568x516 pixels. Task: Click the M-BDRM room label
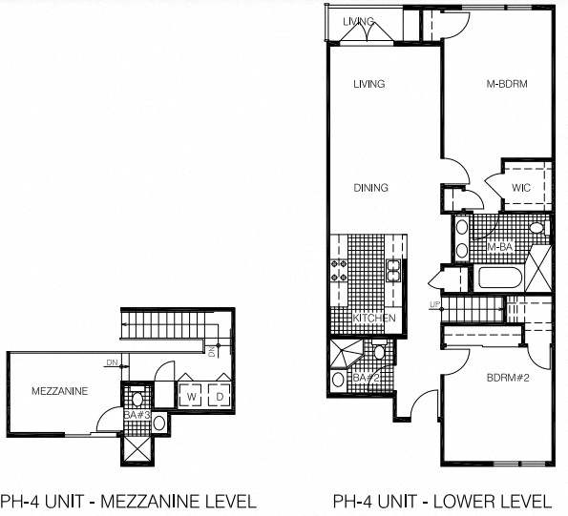click(507, 84)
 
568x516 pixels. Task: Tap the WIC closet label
click(521, 188)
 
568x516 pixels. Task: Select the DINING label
click(370, 188)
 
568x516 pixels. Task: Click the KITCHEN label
click(374, 318)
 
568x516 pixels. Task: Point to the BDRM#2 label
click(508, 378)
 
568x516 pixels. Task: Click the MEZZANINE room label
click(60, 391)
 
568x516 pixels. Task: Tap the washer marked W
click(191, 395)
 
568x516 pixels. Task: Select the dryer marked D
click(220, 395)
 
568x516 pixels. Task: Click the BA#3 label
click(137, 415)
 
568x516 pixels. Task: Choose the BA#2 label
click(367, 378)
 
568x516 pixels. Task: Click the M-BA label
click(500, 247)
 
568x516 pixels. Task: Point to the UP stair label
click(434, 305)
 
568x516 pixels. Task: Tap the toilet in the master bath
click(538, 228)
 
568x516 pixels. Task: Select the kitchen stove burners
click(339, 271)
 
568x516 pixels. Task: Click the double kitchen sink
click(393, 271)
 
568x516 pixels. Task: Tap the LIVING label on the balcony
click(358, 21)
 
